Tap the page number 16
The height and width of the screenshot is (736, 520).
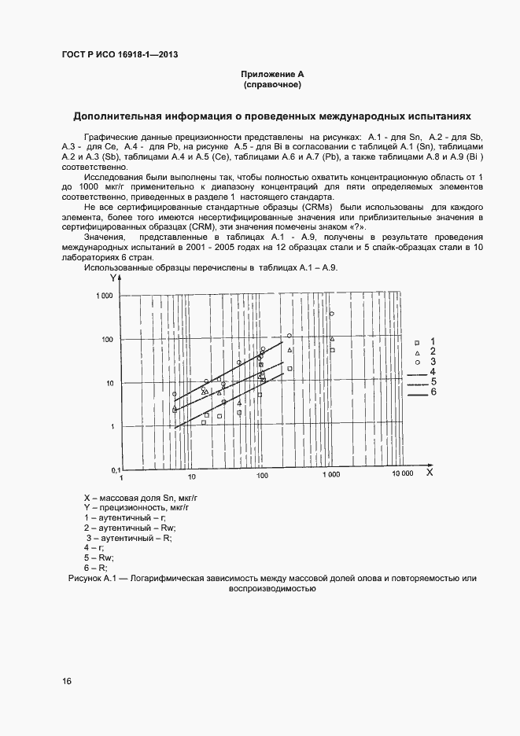tap(66, 681)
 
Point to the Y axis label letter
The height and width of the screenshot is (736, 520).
tap(114, 278)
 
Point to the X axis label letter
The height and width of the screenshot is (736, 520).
tap(430, 473)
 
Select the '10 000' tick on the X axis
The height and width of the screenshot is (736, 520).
tap(403, 476)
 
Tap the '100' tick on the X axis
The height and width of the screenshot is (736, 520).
tap(261, 476)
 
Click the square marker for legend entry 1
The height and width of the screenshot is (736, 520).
tap(416, 343)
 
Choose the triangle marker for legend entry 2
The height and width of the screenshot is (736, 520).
tap(416, 352)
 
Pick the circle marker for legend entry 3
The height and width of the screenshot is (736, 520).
tap(416, 362)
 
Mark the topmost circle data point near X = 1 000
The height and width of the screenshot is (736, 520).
tap(331, 314)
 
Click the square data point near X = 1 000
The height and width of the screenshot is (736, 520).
tap(332, 350)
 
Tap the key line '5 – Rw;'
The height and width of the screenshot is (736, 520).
tap(100, 557)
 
